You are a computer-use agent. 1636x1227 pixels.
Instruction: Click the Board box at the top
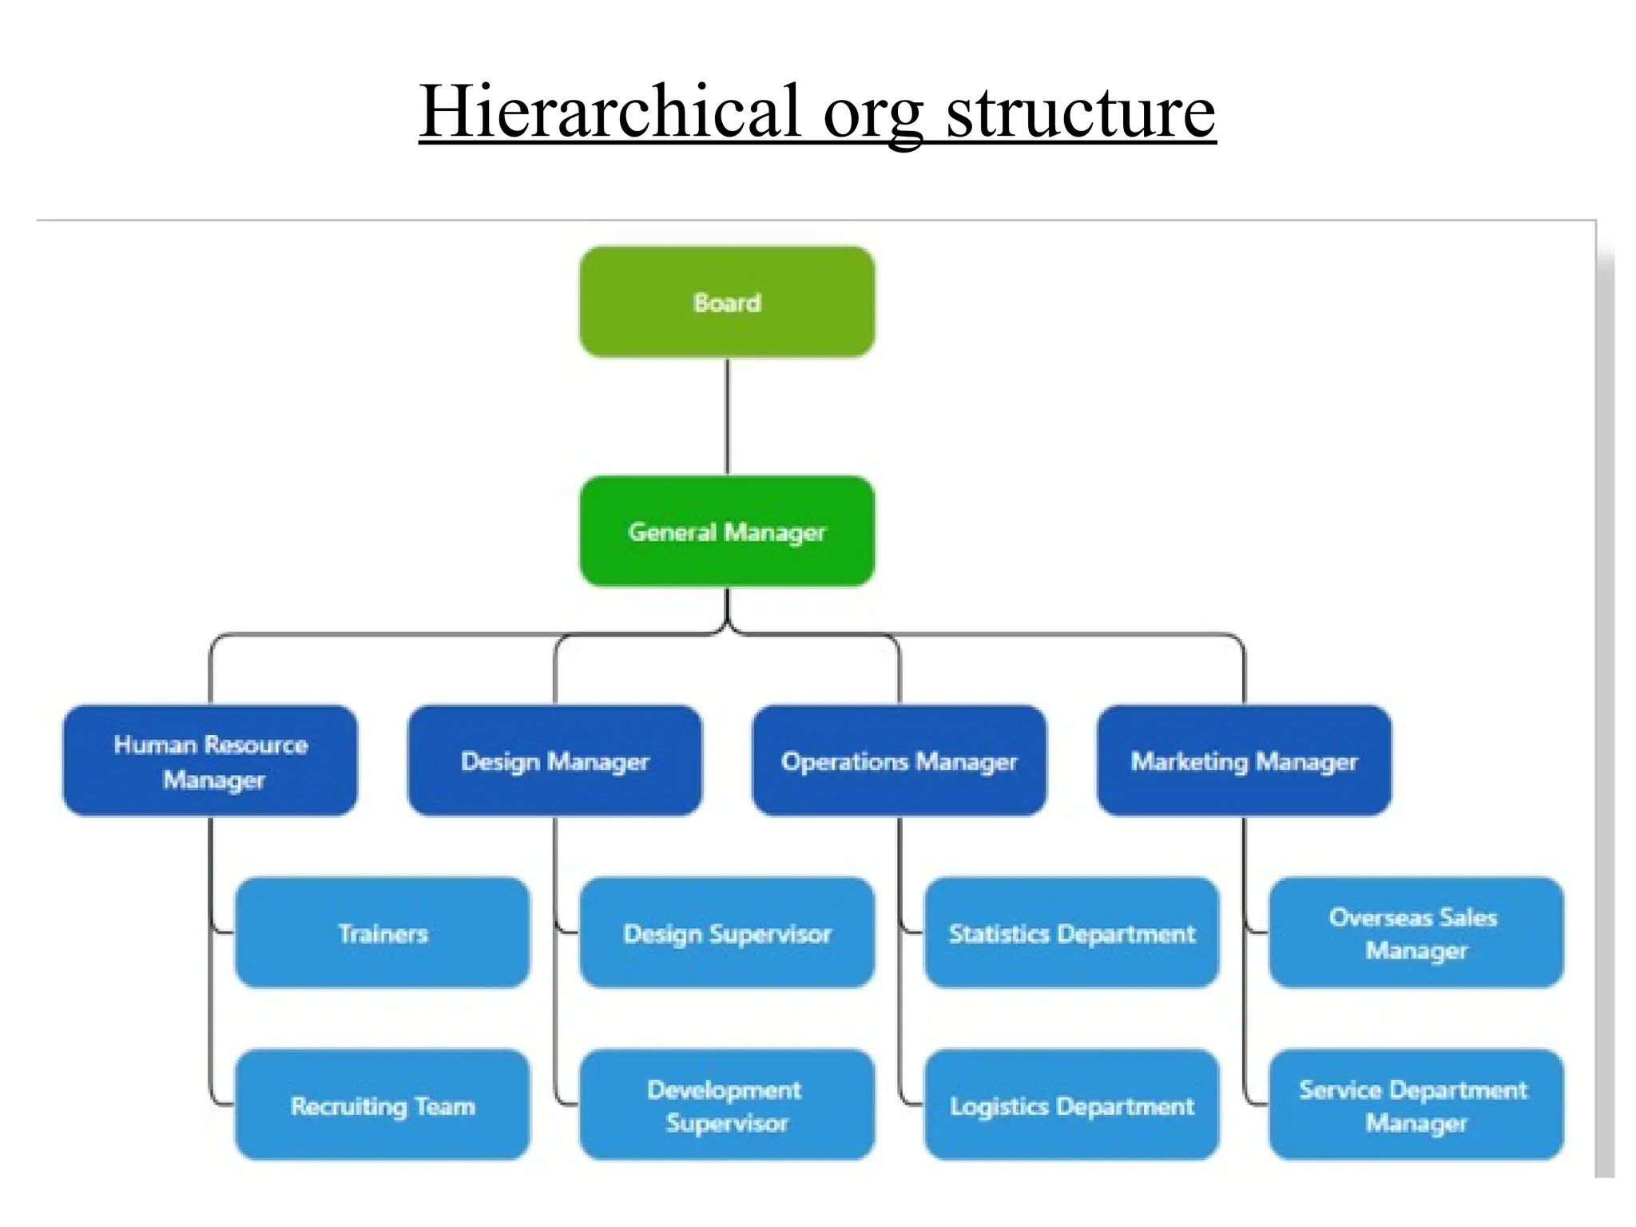coord(727,302)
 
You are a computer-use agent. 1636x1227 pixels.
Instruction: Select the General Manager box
coord(727,531)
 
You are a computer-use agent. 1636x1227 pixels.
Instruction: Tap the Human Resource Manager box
coord(210,760)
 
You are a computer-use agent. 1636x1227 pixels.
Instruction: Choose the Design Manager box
coord(554,760)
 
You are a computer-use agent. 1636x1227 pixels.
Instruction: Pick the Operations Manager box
coord(899,760)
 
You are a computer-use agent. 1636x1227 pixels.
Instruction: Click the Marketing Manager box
coord(1244,760)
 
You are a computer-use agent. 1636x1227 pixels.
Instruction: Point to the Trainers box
coord(383,933)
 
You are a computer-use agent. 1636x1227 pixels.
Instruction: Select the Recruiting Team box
coord(383,1106)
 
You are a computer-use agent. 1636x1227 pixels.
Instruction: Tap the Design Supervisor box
coord(727,933)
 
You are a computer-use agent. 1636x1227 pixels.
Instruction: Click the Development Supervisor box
coord(727,1106)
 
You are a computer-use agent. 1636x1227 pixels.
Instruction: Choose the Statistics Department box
coord(1071,933)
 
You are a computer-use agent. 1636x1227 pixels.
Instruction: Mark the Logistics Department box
coord(1071,1106)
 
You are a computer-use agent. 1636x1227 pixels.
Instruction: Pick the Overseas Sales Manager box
coord(1416,933)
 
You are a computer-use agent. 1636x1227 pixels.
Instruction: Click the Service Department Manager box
coord(1416,1106)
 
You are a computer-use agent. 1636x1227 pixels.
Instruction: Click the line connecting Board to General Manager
coord(727,415)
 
